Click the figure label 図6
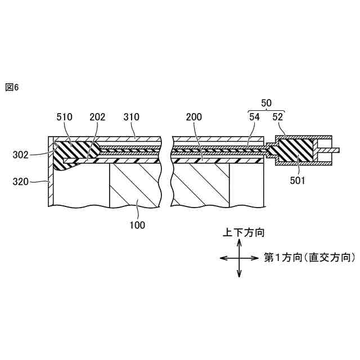point(12,87)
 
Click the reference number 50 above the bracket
point(267,103)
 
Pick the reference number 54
point(254,117)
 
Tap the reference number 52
point(278,117)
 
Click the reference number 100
point(137,225)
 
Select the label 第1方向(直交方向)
point(309,258)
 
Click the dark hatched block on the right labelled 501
point(294,151)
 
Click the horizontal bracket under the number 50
point(267,111)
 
